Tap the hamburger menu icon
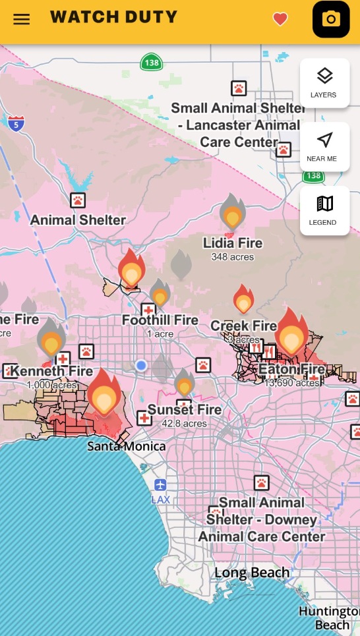(22, 18)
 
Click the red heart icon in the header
(280, 19)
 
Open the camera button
(330, 19)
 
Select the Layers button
(324, 82)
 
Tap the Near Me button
(324, 146)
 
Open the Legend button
(324, 210)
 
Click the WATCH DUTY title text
(113, 17)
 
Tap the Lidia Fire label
(232, 243)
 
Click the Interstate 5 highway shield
(16, 122)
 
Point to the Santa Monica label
(127, 446)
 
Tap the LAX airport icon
(160, 486)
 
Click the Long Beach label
(252, 573)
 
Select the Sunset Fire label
(184, 410)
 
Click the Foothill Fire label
(160, 320)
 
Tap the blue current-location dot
(141, 365)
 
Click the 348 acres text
(232, 256)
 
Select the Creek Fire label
(243, 326)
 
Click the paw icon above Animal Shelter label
(78, 199)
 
